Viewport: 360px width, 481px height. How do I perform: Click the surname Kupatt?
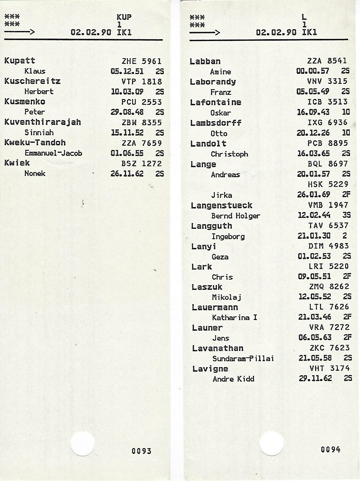pos(20,61)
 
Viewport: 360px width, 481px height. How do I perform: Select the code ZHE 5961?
pos(142,61)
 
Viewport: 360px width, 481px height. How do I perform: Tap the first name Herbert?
pos(39,91)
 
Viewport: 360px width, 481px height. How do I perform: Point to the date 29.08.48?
pos(127,112)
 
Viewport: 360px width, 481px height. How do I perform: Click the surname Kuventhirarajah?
pos(43,122)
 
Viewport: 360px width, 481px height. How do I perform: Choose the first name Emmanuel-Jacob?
pos(53,153)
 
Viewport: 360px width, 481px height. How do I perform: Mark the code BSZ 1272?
pos(142,164)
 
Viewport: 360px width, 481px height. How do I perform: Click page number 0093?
pos(141,451)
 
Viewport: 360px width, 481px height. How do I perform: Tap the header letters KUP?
pos(124,17)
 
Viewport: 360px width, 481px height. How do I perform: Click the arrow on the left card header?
pos(19,32)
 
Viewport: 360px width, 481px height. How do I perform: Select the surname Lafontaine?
pos(216,102)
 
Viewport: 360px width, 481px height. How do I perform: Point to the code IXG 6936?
pos(327,123)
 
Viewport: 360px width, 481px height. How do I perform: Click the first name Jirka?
pos(221,195)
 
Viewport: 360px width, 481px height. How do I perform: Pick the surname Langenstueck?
pos(221,205)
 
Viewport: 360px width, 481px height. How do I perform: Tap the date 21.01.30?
pos(314,236)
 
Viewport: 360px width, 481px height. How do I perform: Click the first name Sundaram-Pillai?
pos(243,359)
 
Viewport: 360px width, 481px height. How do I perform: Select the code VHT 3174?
pos(330,368)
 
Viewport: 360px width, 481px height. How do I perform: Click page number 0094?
pos(331,449)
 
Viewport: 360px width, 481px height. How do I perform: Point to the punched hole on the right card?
pos(272,444)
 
